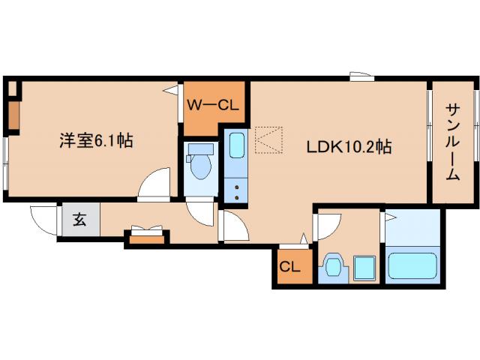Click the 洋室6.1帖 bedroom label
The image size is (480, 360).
pyautogui.click(x=96, y=140)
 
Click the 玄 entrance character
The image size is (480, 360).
pyautogui.click(x=79, y=220)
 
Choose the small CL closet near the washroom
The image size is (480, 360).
pyautogui.click(x=290, y=265)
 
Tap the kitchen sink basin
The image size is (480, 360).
pyautogui.click(x=236, y=145)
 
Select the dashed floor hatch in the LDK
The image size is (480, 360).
pyautogui.click(x=268, y=139)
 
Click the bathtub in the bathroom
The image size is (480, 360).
pyautogui.click(x=412, y=266)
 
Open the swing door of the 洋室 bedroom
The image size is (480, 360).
pyautogui.click(x=155, y=184)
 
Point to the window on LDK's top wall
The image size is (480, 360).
pyautogui.click(x=360, y=76)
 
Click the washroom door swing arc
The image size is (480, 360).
pyautogui.click(x=327, y=224)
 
